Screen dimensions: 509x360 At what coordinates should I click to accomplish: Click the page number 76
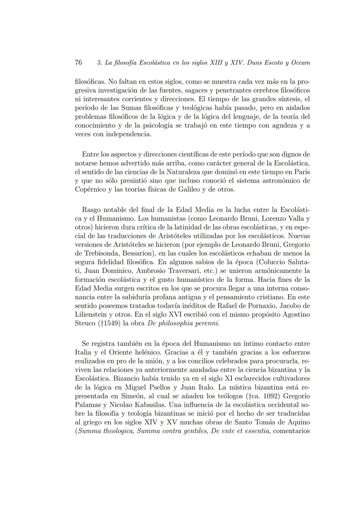[79, 63]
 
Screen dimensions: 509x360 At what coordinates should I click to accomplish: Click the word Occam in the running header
[300, 63]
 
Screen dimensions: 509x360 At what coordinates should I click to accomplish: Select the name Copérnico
[90, 190]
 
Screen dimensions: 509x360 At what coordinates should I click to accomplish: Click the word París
[302, 172]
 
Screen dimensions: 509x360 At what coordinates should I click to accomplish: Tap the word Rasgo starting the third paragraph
[91, 210]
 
